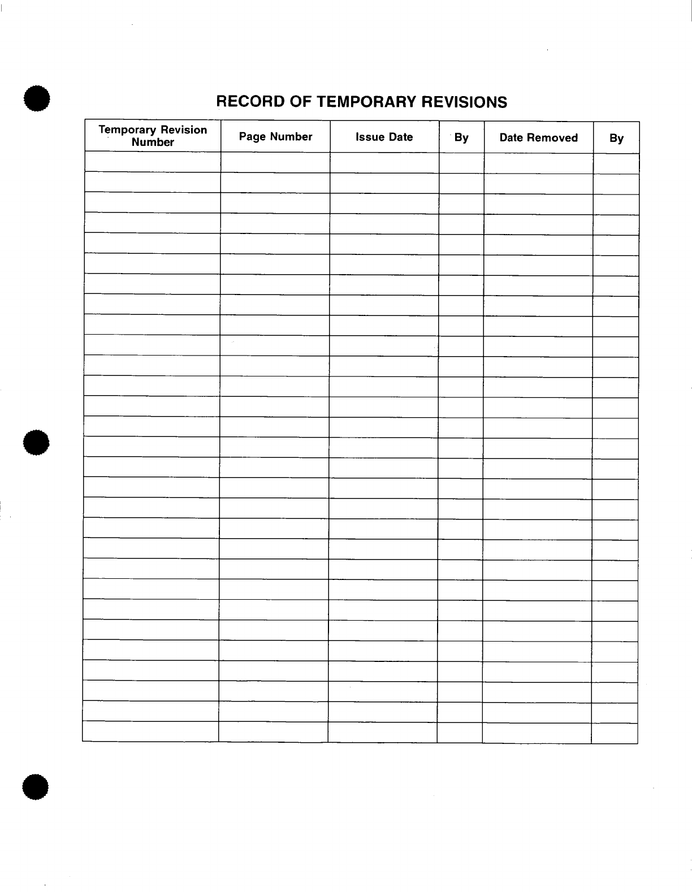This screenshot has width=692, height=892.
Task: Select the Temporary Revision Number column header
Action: pos(153,136)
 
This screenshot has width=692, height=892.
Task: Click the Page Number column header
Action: pos(275,137)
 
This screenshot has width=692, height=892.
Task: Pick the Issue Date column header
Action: pos(384,137)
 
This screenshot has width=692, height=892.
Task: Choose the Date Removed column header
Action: pos(538,138)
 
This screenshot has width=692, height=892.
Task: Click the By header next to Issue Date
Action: pos(461,138)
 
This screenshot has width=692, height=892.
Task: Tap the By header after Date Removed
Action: pos(616,138)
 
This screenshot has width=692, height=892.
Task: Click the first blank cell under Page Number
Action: pos(275,163)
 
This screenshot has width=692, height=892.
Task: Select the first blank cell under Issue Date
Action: pos(384,163)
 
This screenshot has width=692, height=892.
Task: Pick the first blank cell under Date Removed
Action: pos(538,163)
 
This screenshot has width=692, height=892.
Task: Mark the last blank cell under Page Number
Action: pos(273,732)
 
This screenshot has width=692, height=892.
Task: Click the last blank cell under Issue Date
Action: pos(382,733)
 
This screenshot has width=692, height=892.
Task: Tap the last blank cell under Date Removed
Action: pos(537,733)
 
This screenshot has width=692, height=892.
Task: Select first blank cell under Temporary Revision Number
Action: pos(153,162)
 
